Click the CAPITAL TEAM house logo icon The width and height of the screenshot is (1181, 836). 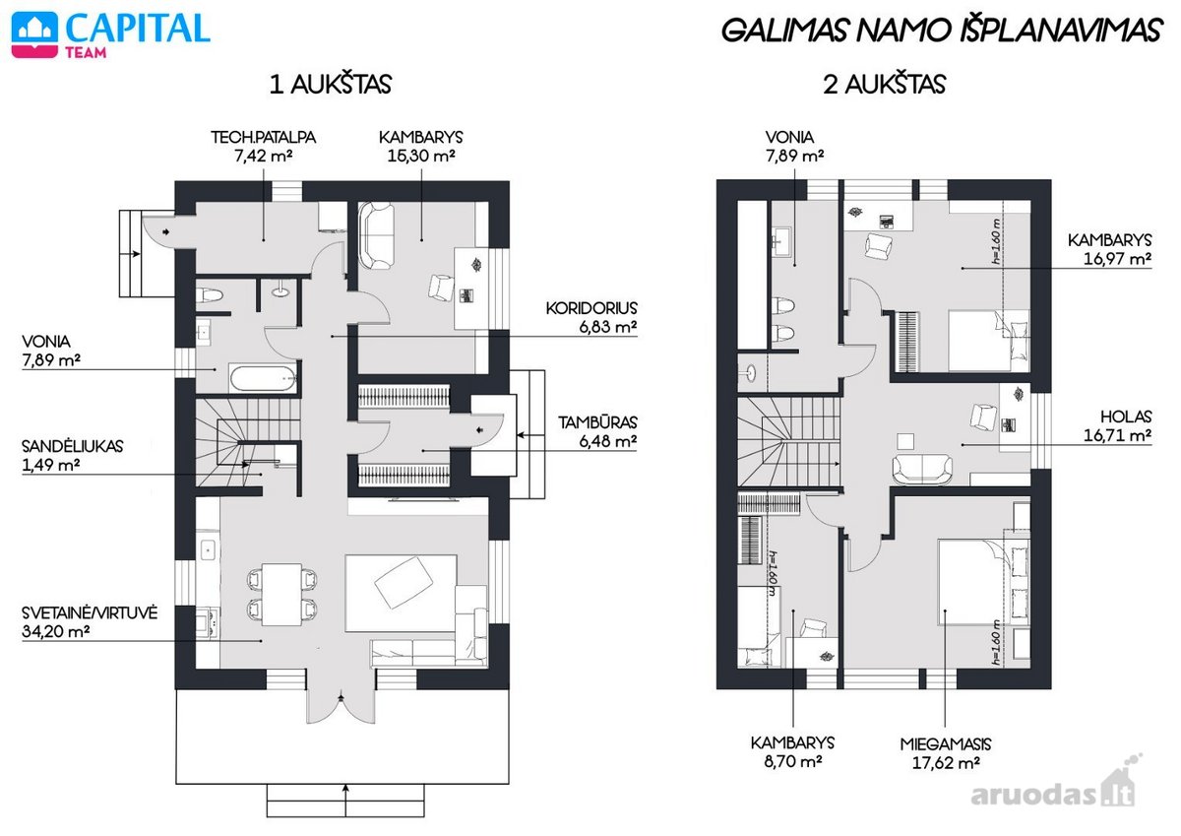tap(34, 34)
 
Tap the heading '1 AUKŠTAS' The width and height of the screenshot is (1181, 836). tap(331, 85)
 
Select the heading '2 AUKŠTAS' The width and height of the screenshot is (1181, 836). tap(885, 85)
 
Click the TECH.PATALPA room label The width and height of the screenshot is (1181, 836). tap(263, 137)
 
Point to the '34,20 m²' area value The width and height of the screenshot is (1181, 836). tap(55, 631)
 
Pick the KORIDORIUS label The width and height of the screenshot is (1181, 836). tap(591, 308)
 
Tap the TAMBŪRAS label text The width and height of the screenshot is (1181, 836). tap(597, 422)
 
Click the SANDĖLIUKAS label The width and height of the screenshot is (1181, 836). tap(72, 446)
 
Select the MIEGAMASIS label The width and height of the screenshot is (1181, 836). tap(946, 744)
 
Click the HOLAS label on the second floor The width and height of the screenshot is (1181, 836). tap(1126, 417)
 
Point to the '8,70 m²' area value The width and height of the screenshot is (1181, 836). tap(793, 761)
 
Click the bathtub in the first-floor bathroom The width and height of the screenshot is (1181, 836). tap(263, 378)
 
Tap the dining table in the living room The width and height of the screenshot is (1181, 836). tap(282, 594)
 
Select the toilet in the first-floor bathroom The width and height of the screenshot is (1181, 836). tap(210, 295)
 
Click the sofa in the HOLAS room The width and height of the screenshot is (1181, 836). tap(922, 469)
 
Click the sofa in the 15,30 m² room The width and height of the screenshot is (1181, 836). tap(376, 236)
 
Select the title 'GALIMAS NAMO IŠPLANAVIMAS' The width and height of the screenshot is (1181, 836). tap(941, 30)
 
